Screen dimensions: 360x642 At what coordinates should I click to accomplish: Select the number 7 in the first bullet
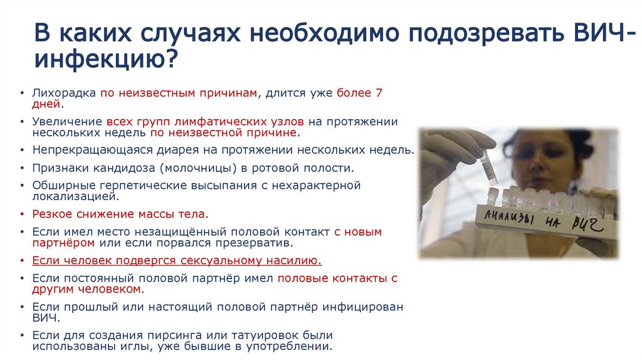(379, 93)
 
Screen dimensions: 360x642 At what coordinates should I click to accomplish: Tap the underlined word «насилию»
(295, 260)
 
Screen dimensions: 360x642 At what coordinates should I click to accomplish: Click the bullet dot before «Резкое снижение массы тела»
(23, 214)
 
